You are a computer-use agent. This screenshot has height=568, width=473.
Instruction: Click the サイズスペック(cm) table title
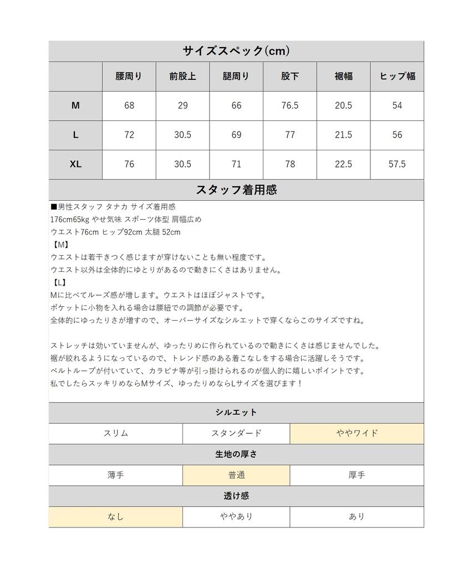236,51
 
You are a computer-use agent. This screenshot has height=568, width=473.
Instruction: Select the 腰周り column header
129,77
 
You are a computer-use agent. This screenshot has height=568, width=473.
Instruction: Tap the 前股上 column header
182,77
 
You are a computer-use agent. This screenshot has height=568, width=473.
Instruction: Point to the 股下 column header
290,77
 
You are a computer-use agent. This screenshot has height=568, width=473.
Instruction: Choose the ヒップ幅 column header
397,77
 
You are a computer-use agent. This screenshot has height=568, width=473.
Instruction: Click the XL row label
75,164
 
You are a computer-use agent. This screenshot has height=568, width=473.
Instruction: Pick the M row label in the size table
75,105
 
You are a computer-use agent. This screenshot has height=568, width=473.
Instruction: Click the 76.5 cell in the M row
290,105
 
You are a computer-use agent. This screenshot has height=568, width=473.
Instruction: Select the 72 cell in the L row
129,135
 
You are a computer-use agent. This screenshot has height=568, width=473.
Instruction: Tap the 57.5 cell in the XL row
397,164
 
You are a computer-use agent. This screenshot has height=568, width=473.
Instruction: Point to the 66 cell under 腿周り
236,105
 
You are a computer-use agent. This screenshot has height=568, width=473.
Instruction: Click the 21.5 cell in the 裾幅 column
343,135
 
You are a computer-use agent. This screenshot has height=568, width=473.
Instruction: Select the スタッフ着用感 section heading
236,190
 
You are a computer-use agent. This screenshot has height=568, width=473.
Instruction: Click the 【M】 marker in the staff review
59,245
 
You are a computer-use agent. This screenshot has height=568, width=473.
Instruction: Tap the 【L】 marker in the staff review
58,283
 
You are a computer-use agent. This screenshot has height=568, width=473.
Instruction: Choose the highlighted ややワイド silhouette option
357,434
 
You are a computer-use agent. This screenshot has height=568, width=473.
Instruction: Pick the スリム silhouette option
115,434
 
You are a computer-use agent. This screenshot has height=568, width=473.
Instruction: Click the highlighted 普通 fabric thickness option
236,475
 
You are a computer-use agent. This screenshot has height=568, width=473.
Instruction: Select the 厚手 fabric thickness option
357,475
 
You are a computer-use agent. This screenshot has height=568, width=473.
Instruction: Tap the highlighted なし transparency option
115,516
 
